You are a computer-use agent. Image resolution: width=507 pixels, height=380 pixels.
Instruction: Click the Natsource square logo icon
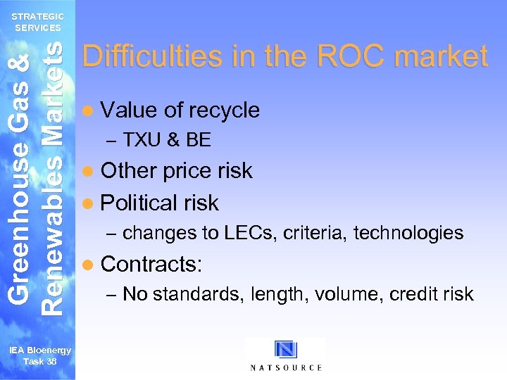286,350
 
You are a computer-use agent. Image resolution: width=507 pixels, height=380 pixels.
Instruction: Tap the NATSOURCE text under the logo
286,367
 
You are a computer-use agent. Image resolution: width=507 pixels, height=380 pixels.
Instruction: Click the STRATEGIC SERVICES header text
38,22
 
